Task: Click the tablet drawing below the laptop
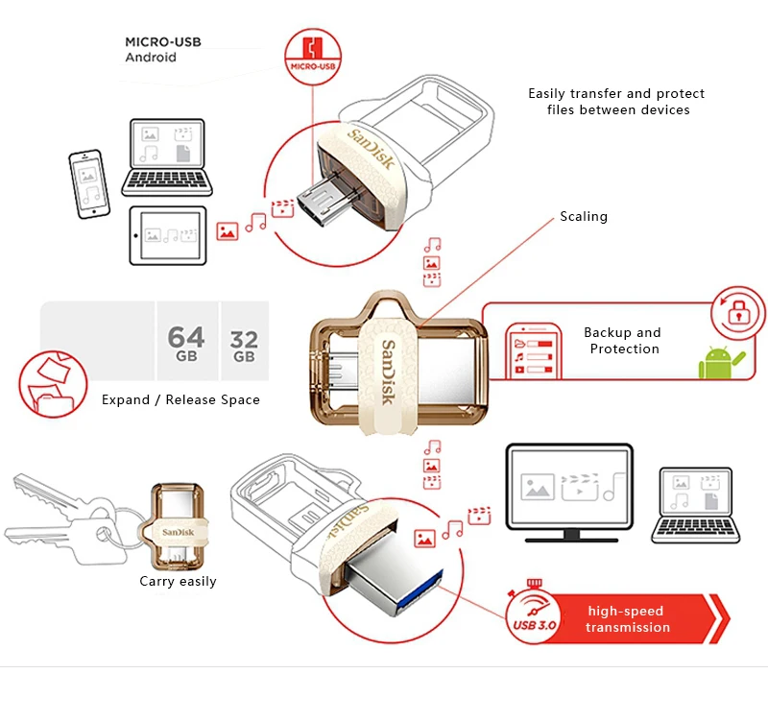point(168,233)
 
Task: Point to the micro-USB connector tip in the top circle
point(319,202)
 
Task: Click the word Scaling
point(584,217)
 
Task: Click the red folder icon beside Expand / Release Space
point(47,383)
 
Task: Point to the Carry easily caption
point(178,581)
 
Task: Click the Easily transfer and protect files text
point(616,102)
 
